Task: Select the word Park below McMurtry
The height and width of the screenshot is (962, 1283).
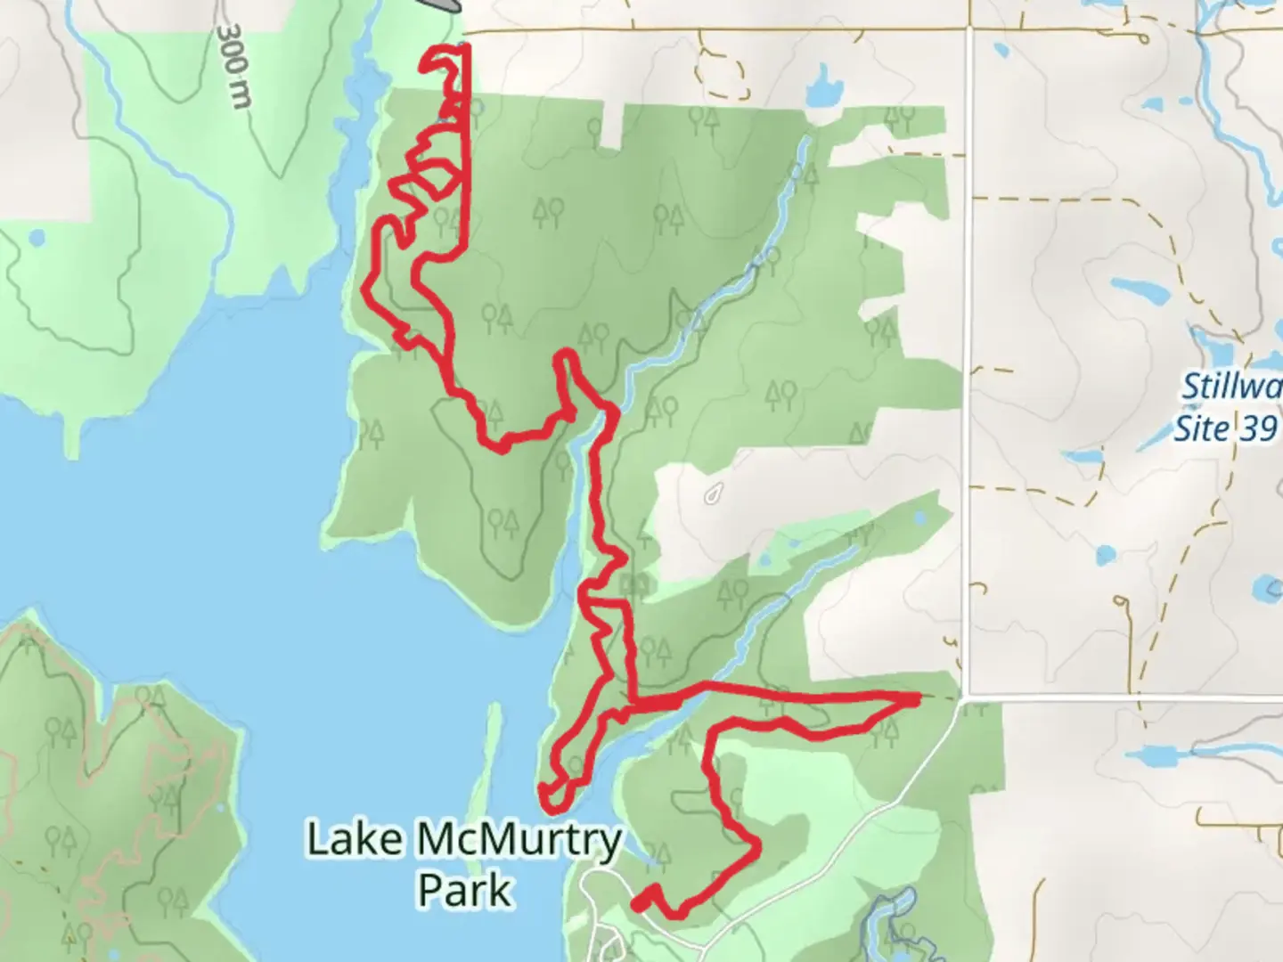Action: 465,890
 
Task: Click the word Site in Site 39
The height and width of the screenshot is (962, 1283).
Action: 1200,429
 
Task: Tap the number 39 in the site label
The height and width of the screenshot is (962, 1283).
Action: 1258,429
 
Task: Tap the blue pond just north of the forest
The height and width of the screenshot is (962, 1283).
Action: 822,89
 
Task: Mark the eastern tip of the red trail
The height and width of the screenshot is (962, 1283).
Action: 917,699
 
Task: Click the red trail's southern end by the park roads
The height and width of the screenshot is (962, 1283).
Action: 638,903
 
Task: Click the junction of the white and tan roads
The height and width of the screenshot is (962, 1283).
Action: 968,29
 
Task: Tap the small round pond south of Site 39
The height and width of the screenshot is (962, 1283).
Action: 1105,554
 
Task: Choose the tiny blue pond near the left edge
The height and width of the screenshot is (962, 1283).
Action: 37,238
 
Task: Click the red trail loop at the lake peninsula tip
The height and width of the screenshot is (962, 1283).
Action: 551,795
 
